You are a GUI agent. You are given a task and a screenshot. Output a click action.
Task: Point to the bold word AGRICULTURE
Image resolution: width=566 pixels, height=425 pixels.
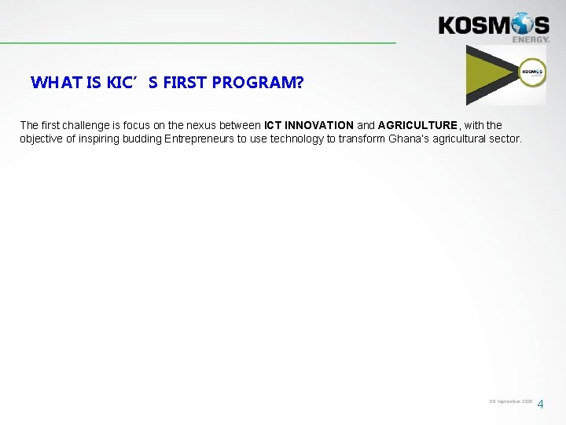[x=417, y=125]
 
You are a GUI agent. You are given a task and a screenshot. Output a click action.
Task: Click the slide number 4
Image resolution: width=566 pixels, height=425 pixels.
[x=540, y=405]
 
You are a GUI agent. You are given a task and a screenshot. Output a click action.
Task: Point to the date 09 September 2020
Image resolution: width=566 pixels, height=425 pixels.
[x=510, y=401]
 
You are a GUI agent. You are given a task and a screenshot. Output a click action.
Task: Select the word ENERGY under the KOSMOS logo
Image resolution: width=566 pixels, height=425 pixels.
[x=531, y=39]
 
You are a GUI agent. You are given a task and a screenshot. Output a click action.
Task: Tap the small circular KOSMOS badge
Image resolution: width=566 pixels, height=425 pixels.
[x=532, y=72]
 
